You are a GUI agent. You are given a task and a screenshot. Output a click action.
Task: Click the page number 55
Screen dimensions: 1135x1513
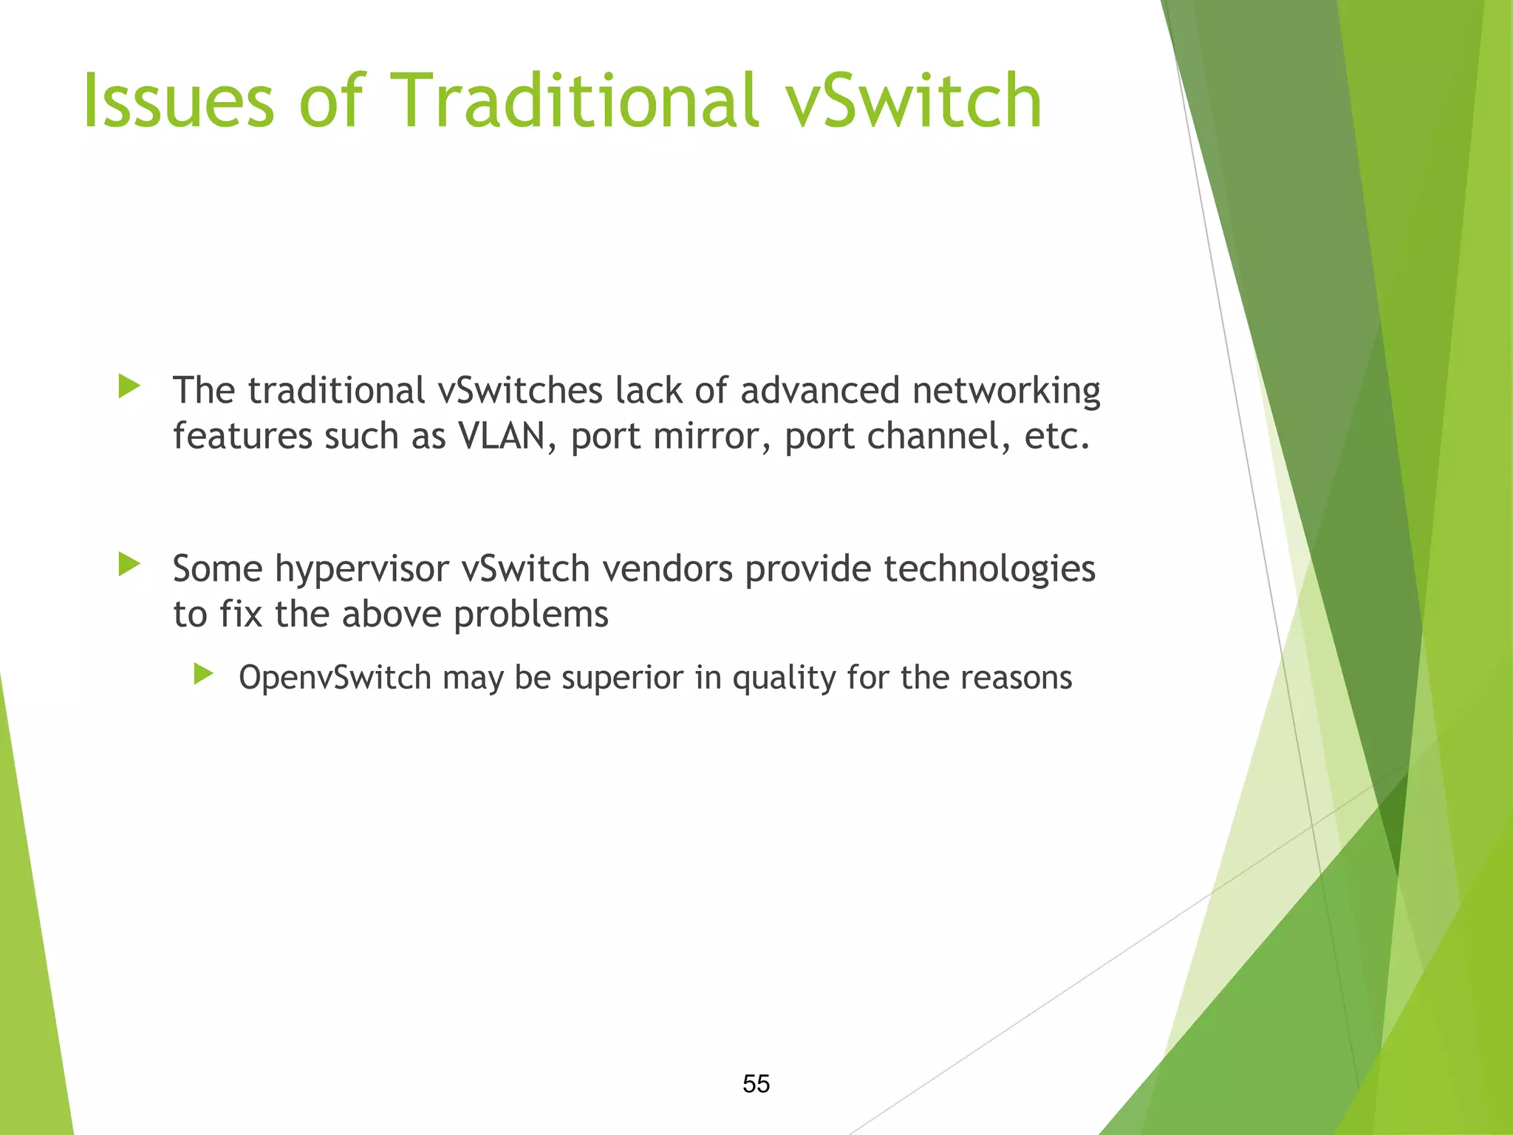(756, 1084)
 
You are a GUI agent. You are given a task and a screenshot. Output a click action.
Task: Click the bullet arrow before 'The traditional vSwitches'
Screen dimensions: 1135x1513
(129, 386)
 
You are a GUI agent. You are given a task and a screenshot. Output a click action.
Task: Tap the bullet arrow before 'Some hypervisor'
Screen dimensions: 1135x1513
(129, 565)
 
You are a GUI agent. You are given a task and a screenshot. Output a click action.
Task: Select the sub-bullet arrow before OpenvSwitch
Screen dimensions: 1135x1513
(203, 674)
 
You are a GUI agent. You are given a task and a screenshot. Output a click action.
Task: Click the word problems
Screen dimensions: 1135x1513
(530, 615)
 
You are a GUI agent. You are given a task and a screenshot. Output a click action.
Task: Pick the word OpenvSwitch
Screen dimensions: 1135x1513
(335, 678)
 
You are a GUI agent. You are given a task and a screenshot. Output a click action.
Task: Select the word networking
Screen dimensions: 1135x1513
(1006, 391)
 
